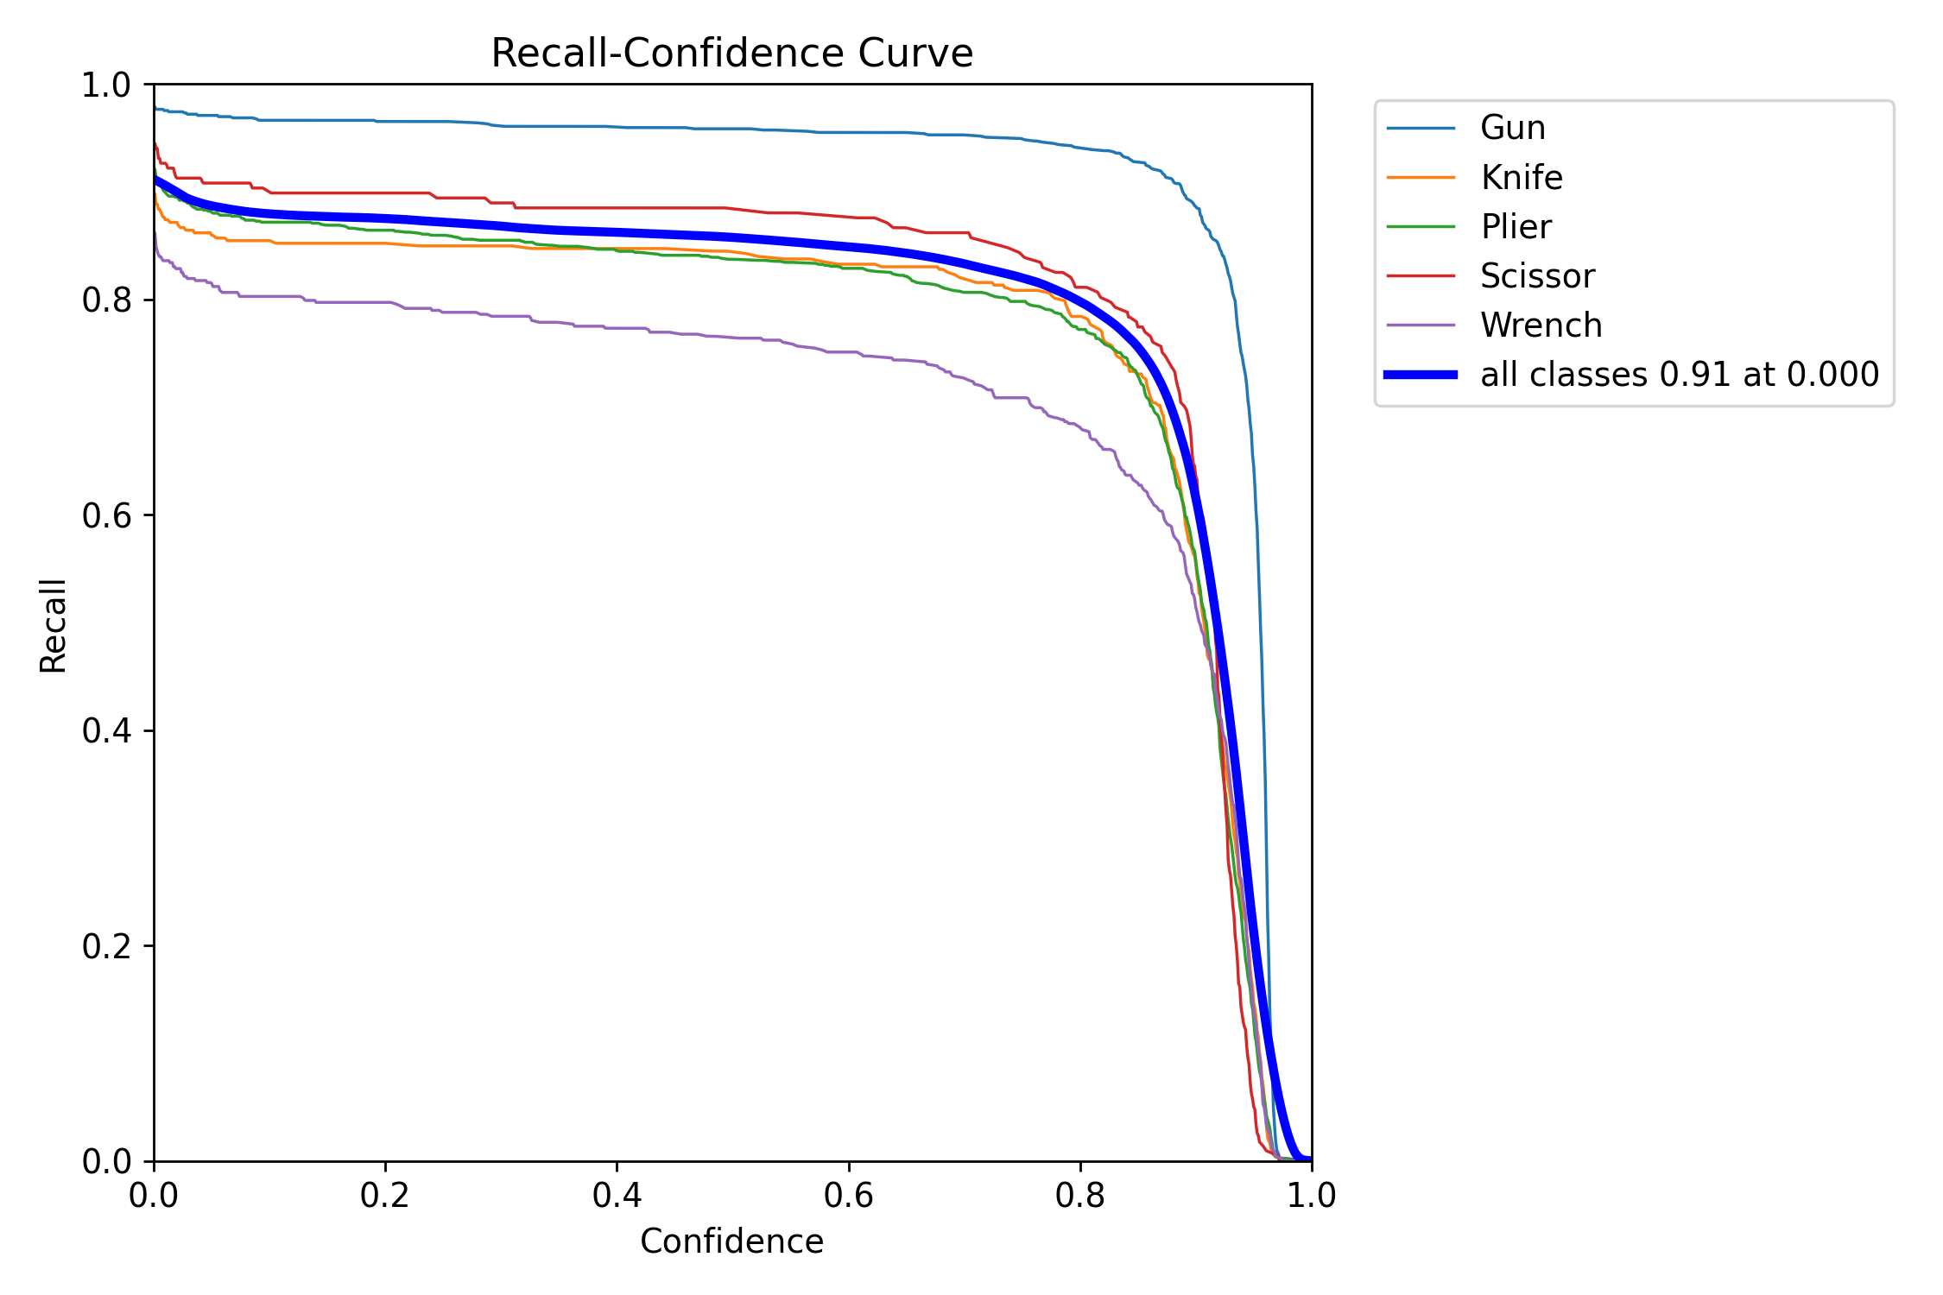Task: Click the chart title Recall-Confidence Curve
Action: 731,54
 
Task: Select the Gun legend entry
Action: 1512,128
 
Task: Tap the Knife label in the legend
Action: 1521,178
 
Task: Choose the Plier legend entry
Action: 1516,227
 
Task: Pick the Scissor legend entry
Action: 1537,276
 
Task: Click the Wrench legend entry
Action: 1541,325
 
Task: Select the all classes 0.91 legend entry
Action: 1679,375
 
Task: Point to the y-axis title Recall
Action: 54,625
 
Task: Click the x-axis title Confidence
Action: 731,1241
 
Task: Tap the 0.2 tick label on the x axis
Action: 385,1196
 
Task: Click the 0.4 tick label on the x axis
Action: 617,1196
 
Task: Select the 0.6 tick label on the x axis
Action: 849,1196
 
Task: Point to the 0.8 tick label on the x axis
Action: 1080,1196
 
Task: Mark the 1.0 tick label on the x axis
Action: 1312,1196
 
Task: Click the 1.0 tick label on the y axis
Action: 106,85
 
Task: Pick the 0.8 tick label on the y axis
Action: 106,300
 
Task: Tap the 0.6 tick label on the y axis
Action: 106,515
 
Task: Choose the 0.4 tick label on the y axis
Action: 106,731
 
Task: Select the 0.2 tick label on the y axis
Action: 106,946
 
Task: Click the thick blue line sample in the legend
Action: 1421,375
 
